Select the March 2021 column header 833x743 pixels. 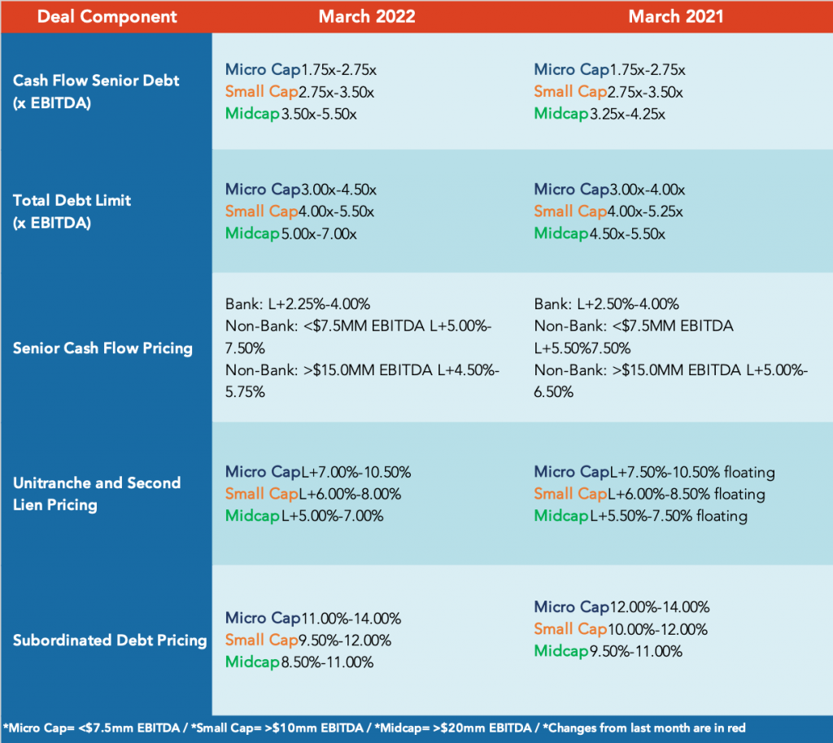pos(675,16)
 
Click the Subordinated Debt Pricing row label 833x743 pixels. pos(110,640)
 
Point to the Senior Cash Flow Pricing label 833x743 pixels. pos(102,348)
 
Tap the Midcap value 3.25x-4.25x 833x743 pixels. pos(626,114)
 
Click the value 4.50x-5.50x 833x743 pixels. pos(626,234)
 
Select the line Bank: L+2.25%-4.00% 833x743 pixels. pos(298,304)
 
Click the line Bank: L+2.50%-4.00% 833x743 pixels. pos(607,304)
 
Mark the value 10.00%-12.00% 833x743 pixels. pos(657,629)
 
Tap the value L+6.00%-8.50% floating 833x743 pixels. pos(687,494)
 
